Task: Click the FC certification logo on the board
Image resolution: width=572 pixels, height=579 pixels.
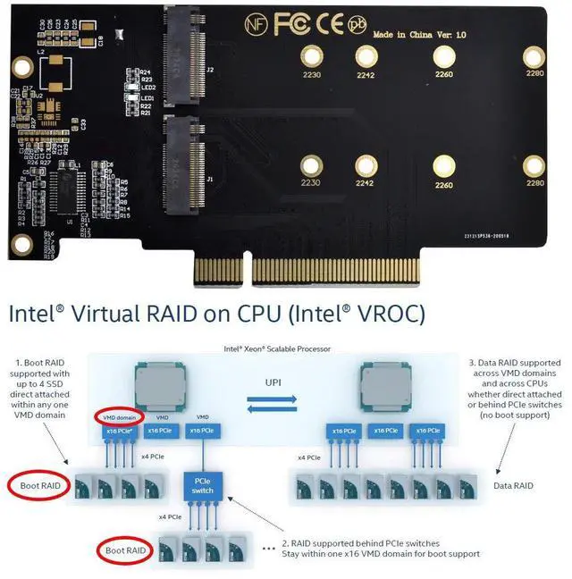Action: tap(293, 24)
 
